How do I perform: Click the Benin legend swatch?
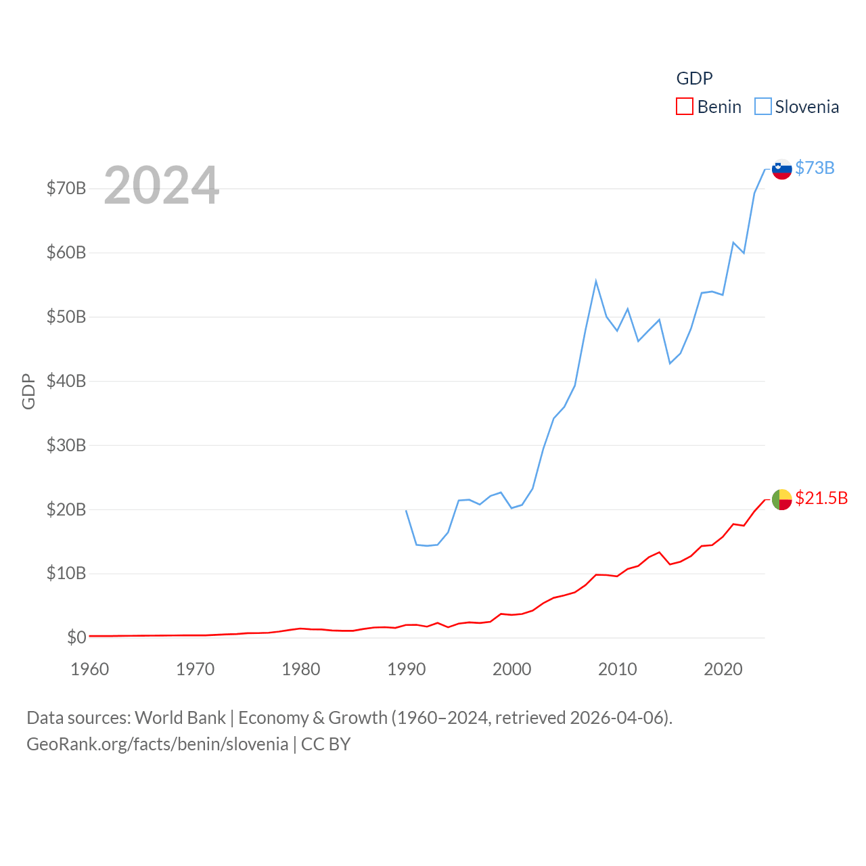684,107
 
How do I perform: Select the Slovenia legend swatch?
762,107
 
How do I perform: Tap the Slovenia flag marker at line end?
781,169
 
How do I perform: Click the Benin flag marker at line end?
781,499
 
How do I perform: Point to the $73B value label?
815,168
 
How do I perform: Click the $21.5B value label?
821,498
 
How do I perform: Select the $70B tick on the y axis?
66,188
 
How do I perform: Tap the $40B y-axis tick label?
66,381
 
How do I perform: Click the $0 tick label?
76,637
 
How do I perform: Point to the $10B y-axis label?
66,574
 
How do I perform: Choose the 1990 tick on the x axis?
407,669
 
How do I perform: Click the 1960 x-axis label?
90,669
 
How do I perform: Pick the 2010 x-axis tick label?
618,669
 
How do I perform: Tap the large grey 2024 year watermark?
162,185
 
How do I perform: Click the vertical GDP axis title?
28,391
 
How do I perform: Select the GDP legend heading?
694,78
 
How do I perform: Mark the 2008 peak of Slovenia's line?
596,281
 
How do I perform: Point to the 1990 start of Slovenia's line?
406,511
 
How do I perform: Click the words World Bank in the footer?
180,718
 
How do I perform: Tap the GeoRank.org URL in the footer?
157,744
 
